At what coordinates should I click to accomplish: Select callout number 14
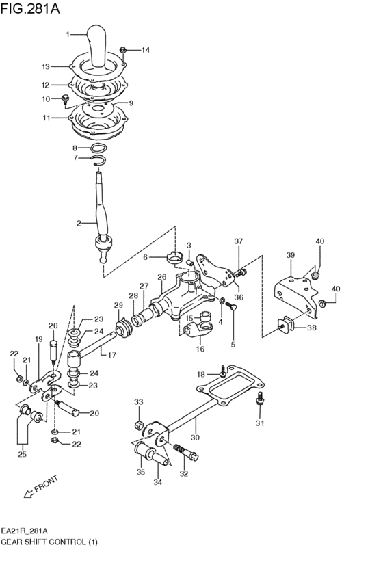tap(145, 50)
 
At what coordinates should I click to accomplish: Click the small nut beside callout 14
tap(123, 49)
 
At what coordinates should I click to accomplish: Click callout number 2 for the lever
tap(79, 223)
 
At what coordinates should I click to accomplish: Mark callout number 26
tap(162, 277)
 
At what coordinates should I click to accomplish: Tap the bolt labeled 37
tap(241, 274)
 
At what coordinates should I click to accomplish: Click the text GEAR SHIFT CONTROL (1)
tap(49, 542)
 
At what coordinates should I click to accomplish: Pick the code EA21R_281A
tap(29, 530)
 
